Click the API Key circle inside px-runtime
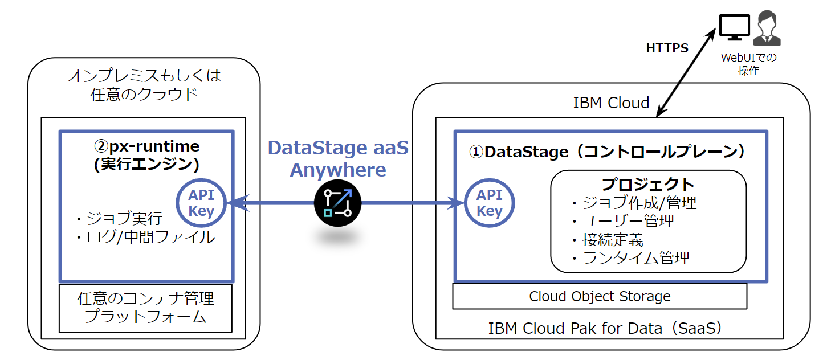tap(202, 203)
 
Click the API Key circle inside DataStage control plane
tap(489, 203)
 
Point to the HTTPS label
tap(667, 48)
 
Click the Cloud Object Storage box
tap(600, 296)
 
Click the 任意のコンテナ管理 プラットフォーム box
tap(145, 308)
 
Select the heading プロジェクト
tap(648, 184)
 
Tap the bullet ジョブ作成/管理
tap(633, 202)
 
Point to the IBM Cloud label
tap(611, 103)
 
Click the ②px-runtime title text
tap(146, 146)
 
